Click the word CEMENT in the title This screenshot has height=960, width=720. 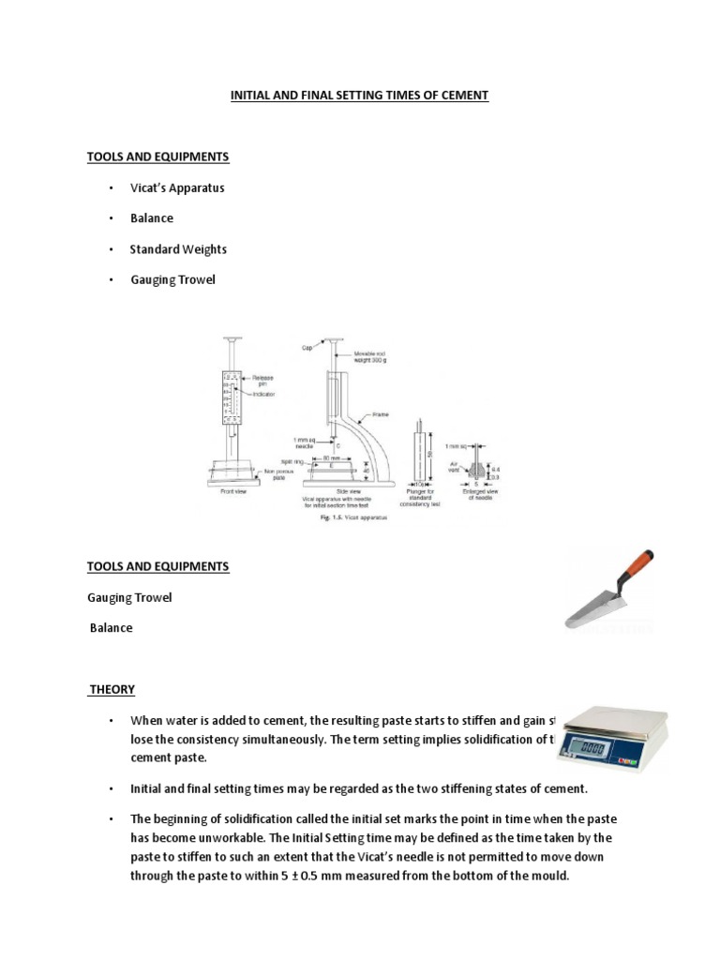[462, 96]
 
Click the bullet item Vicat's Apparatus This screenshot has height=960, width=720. [177, 187]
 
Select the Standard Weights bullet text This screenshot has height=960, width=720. [178, 249]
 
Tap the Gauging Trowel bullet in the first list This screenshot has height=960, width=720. [172, 279]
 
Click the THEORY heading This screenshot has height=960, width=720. [112, 690]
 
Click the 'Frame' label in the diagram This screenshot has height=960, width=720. [381, 413]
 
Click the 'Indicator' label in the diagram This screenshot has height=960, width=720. [264, 395]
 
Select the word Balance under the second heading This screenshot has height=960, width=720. [111, 628]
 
